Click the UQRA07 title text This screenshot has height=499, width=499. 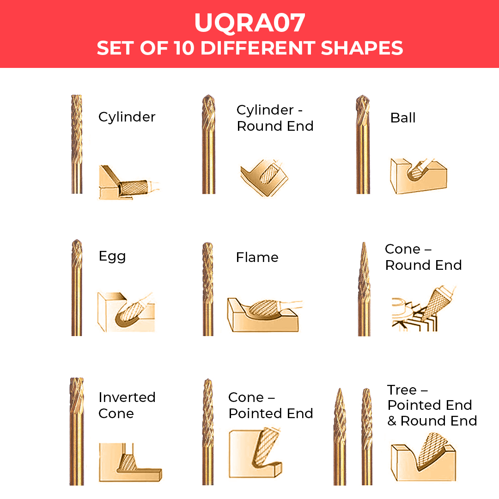pos(249,23)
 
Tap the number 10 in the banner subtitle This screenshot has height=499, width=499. pos(184,48)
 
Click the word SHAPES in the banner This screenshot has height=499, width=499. pos(362,48)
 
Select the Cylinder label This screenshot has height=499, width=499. pos(127,117)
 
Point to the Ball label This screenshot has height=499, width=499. pos(403,118)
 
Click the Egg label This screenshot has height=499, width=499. pos(112,256)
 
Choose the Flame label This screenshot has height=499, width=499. pos(257,257)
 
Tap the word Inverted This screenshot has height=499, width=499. pos(127,397)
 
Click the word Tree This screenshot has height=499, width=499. pos(402,389)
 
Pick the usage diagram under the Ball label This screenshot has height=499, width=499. pos(418,176)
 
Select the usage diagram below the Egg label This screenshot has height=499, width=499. pos(126,312)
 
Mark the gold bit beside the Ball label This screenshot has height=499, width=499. pos(363,144)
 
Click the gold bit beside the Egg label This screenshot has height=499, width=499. pos(77,287)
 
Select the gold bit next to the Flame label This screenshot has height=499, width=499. pos(208,289)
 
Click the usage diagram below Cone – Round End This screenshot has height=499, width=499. pos(423,309)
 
